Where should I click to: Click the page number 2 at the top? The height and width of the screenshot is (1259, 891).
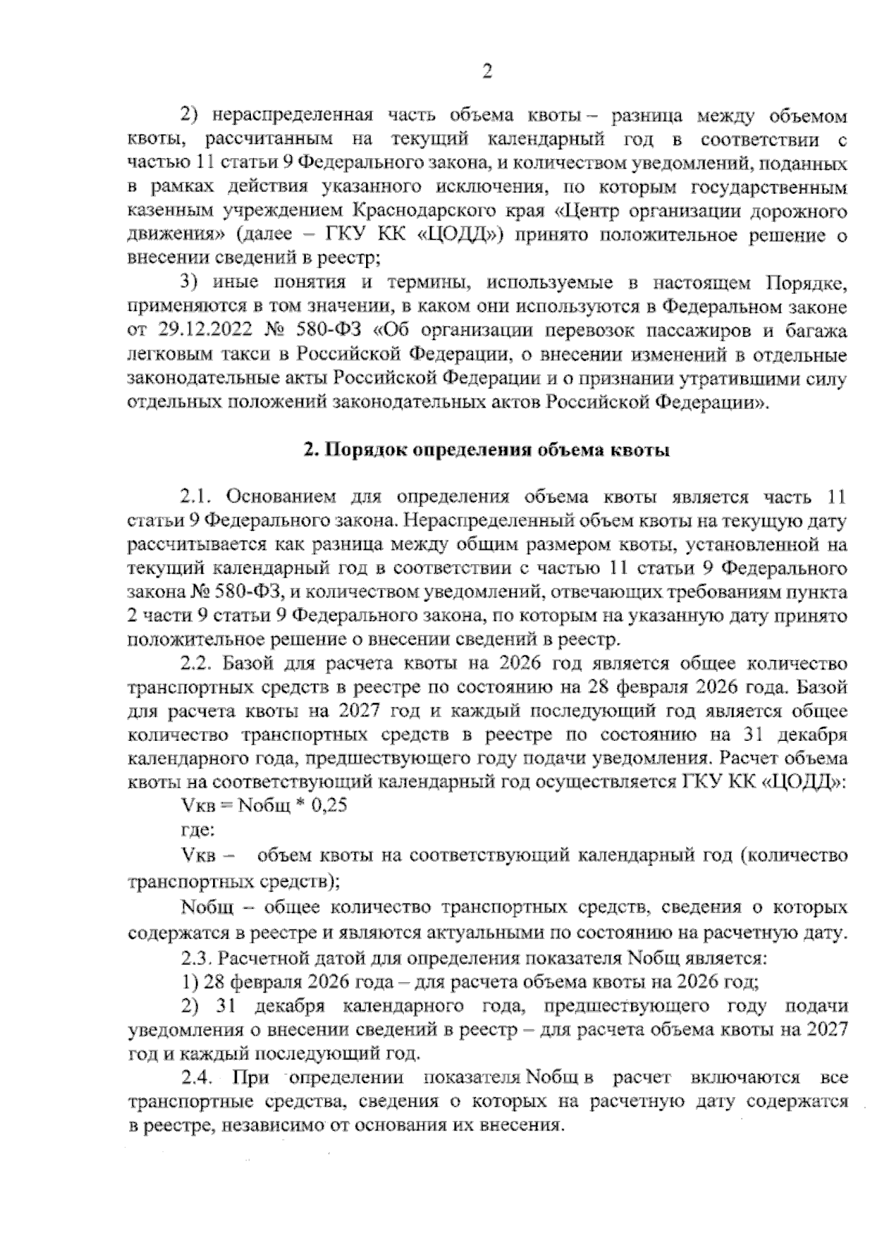487,71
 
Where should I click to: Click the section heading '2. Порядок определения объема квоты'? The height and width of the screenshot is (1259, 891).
487,450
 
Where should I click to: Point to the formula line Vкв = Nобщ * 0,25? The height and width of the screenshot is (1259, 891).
264,805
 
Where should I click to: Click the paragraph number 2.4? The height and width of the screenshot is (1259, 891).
198,1077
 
